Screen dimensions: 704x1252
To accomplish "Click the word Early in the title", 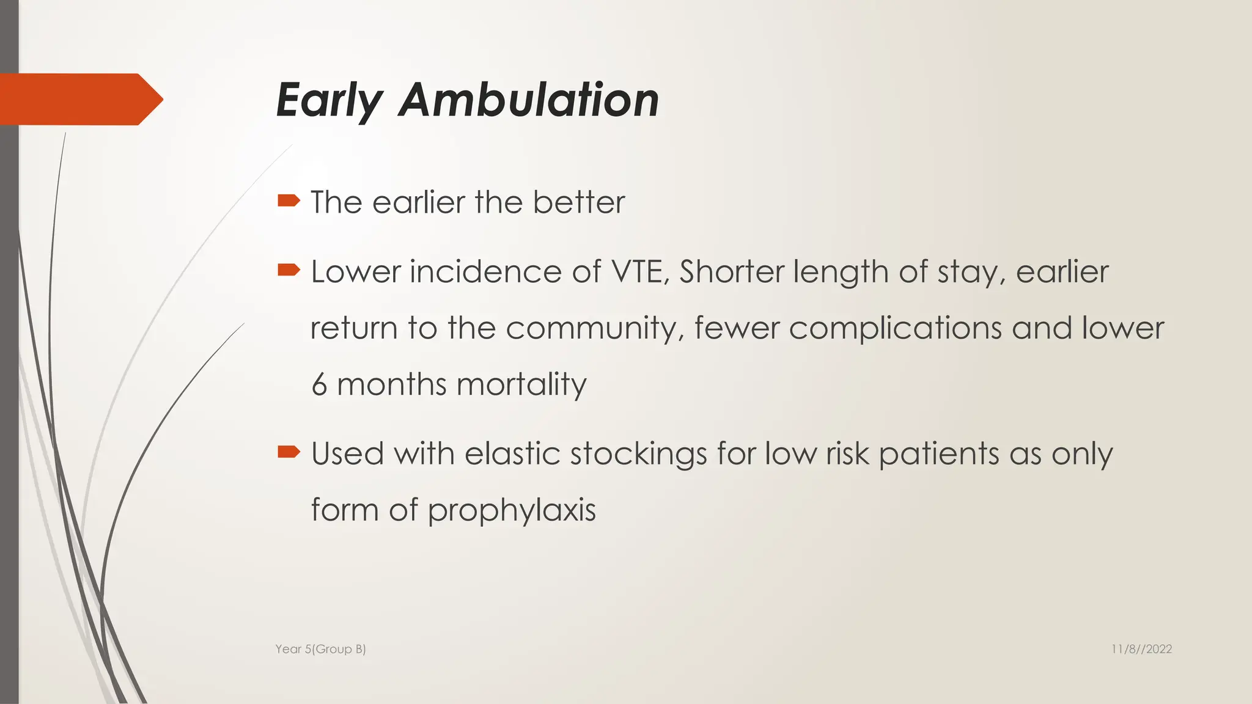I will tap(330, 101).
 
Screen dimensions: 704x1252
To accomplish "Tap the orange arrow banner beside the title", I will tap(79, 99).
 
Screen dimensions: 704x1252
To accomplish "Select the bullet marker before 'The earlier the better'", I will tap(289, 200).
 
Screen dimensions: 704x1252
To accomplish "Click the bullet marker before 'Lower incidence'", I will tap(289, 269).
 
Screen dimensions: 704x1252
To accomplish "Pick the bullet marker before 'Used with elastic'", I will tap(289, 452).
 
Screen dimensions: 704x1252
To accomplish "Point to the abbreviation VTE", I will tap(640, 271).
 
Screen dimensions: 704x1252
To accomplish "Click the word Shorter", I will tap(731, 271).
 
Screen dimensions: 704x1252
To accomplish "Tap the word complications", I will tap(895, 328).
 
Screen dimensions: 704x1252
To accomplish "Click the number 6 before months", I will tap(319, 385).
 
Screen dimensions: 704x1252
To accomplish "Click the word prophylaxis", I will tap(511, 511).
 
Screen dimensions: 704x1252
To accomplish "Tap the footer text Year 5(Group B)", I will tap(320, 649).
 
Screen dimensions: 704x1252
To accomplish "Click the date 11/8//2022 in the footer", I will tap(1141, 649).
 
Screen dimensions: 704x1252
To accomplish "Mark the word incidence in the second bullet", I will tap(485, 271).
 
